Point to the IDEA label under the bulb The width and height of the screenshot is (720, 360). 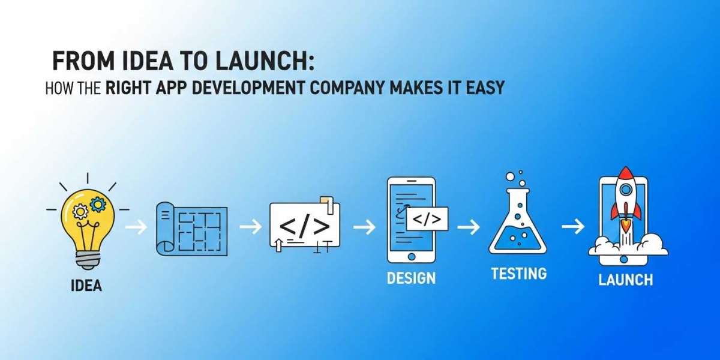tap(86, 285)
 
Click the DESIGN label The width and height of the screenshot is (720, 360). tap(411, 278)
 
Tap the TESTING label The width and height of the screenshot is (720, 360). tap(518, 274)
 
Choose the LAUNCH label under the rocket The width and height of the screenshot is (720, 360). tap(625, 280)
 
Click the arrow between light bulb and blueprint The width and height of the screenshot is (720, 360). tap(136, 227)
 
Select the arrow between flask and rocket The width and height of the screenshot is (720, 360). tap(573, 227)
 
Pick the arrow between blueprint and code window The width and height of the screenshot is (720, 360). tap(250, 227)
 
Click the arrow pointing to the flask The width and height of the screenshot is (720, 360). tap(468, 227)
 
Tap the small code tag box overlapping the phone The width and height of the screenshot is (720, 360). tap(427, 219)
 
